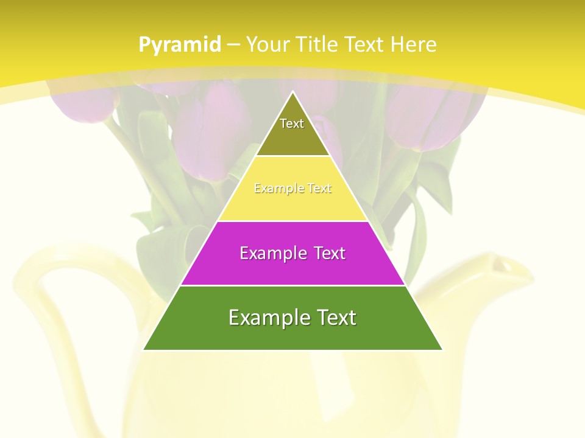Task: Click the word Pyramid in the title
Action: tap(179, 45)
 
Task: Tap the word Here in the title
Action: tap(413, 44)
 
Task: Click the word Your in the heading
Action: tap(268, 44)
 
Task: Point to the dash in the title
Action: tap(233, 45)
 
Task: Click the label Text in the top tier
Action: tap(292, 123)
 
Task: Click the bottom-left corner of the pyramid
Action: tap(144, 349)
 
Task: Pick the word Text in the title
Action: tap(364, 44)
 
